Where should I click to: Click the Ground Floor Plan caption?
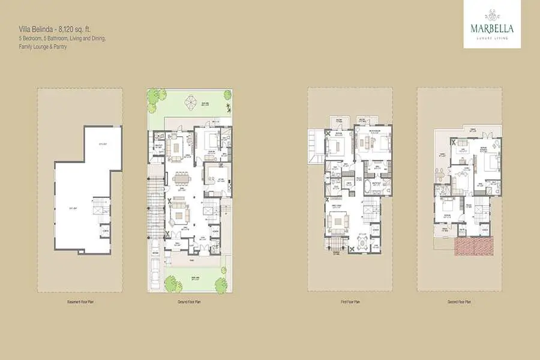pos(189,302)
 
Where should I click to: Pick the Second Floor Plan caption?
pos(459,302)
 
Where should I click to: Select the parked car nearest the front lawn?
pos(155,275)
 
